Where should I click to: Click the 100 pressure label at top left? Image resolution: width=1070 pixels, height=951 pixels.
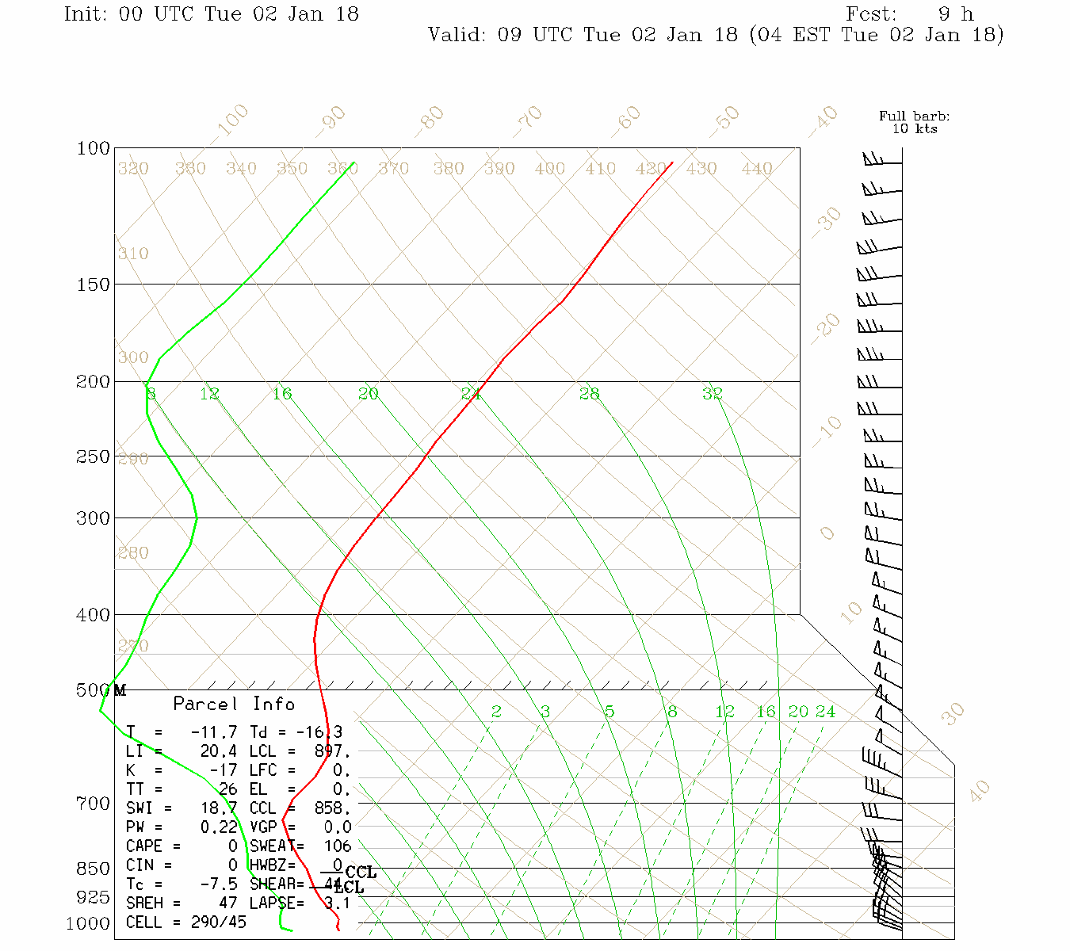[x=93, y=148]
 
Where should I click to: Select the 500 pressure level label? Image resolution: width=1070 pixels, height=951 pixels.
[x=93, y=690]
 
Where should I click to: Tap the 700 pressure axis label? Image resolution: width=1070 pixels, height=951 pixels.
[x=93, y=804]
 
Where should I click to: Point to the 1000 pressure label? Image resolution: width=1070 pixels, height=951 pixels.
[x=87, y=923]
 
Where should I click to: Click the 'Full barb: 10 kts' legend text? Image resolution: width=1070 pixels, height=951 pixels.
[x=915, y=122]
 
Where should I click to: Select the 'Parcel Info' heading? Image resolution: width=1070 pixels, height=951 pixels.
[x=234, y=704]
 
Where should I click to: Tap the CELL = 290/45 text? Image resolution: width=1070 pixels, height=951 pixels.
[x=186, y=922]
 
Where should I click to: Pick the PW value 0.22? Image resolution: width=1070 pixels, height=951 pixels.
[x=214, y=827]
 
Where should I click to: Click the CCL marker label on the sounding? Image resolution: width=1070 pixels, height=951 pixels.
[x=361, y=873]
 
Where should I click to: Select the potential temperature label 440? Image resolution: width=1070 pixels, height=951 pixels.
[x=757, y=169]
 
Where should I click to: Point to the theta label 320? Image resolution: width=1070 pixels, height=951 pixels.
[x=133, y=169]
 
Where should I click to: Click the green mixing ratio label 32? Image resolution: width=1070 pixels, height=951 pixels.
[x=713, y=393]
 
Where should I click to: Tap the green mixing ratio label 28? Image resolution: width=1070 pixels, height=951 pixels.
[x=589, y=393]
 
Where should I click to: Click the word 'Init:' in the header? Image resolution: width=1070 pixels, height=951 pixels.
[x=86, y=14]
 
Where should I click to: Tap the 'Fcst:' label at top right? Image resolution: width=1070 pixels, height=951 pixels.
[x=871, y=14]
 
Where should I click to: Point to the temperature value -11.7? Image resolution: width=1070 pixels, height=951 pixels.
[x=214, y=732]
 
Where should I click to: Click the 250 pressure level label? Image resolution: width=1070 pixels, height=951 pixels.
[x=93, y=456]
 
